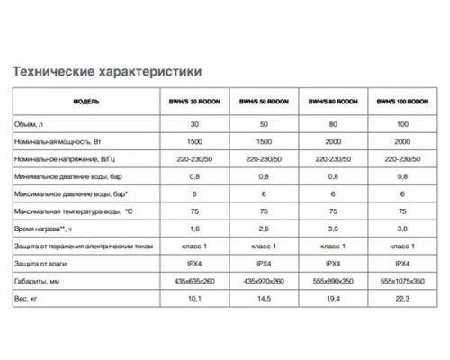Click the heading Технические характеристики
[104, 70]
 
